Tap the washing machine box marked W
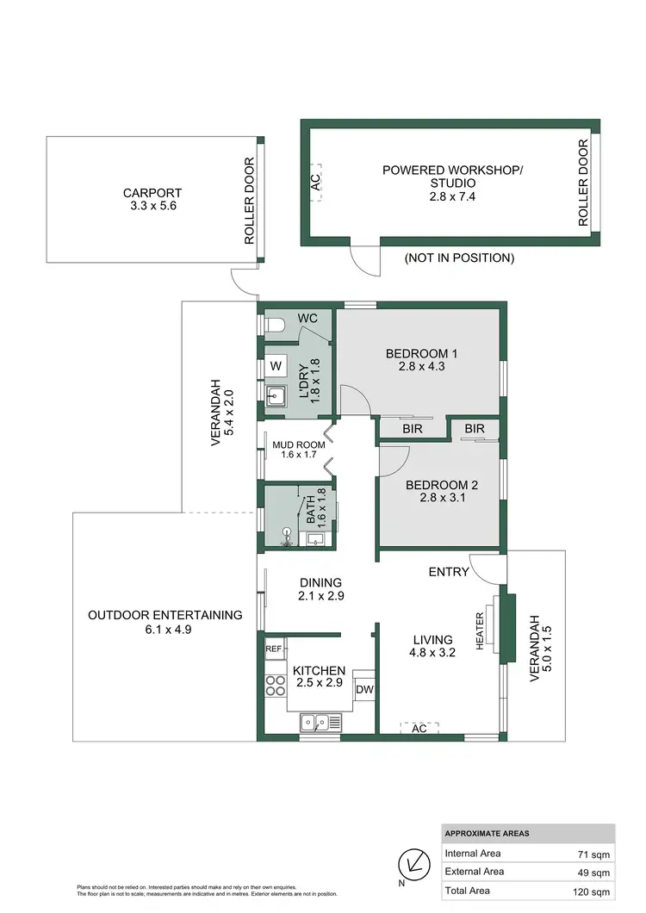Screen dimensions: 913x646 tap(276, 366)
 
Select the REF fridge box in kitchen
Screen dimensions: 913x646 tap(274, 649)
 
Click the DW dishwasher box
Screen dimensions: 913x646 tap(364, 689)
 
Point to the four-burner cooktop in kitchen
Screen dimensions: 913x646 tap(275, 686)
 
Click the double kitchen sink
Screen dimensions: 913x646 tap(319, 723)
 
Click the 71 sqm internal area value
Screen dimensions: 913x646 tap(593, 854)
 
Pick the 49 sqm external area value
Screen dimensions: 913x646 tap(593, 873)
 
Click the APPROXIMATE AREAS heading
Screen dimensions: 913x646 tap(488, 834)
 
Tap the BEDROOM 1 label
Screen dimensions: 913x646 tap(421, 353)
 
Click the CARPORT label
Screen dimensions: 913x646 tap(152, 193)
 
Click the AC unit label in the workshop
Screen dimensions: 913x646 tap(314, 182)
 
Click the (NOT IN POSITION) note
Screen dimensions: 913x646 tap(459, 258)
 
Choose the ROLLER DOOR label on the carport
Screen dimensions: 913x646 tap(250, 202)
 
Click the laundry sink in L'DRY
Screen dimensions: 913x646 tap(276, 397)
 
